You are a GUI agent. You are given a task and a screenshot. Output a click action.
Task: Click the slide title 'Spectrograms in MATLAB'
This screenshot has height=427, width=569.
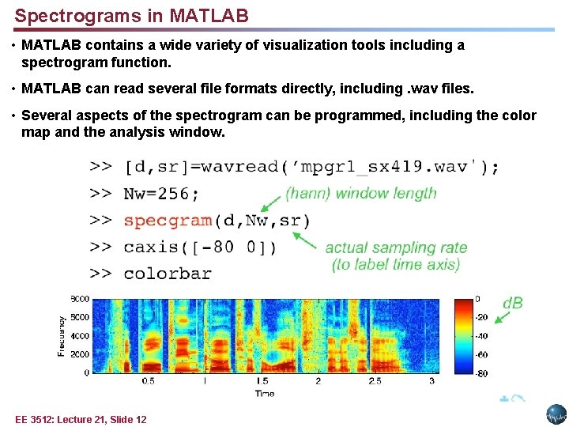(x=131, y=15)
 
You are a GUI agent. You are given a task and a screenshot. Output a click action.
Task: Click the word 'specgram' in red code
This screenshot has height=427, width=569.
(x=168, y=220)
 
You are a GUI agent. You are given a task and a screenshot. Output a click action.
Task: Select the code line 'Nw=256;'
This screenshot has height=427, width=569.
(x=162, y=194)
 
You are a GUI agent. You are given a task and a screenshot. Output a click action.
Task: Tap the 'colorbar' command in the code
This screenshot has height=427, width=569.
(x=168, y=274)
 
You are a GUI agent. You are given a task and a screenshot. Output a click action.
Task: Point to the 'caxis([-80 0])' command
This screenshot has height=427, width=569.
(x=200, y=247)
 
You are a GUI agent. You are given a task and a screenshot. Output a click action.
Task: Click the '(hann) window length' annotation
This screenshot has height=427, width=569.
(x=360, y=193)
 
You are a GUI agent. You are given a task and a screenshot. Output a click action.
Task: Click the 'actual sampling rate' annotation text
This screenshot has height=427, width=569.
(x=396, y=248)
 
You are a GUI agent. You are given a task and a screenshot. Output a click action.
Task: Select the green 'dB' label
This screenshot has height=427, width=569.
(x=513, y=304)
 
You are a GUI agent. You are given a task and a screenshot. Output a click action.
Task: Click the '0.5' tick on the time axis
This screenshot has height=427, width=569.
(x=148, y=381)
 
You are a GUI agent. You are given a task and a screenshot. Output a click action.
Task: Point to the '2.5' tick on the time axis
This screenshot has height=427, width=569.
(x=375, y=381)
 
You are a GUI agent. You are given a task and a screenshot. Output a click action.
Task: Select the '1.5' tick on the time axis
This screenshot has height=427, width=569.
(x=262, y=381)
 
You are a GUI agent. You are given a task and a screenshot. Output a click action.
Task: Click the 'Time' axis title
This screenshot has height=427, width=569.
(x=266, y=393)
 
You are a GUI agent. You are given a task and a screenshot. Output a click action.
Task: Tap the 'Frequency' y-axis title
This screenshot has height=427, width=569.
(x=62, y=336)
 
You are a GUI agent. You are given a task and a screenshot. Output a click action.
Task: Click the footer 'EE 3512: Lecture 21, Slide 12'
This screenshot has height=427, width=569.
(x=81, y=419)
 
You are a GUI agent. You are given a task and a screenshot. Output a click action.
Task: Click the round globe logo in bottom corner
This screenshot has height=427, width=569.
(x=556, y=414)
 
